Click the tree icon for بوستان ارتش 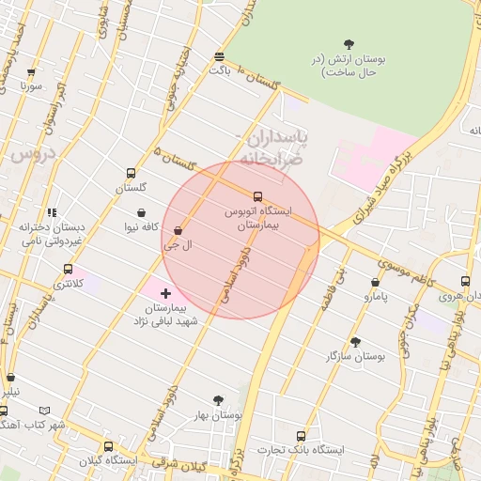(349, 43)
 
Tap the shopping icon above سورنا (31, 71)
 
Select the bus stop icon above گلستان (130, 173)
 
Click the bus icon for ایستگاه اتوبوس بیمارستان (258, 196)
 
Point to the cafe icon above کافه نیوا (141, 212)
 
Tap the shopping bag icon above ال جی (178, 229)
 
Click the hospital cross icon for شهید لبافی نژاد (166, 294)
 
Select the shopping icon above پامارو (375, 282)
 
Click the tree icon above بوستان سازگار (354, 342)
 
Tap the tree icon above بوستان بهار (218, 400)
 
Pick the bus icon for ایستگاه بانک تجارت (301, 436)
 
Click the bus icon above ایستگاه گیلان (108, 447)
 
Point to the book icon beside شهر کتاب (45, 411)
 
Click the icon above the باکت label (219, 55)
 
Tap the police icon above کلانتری (67, 270)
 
